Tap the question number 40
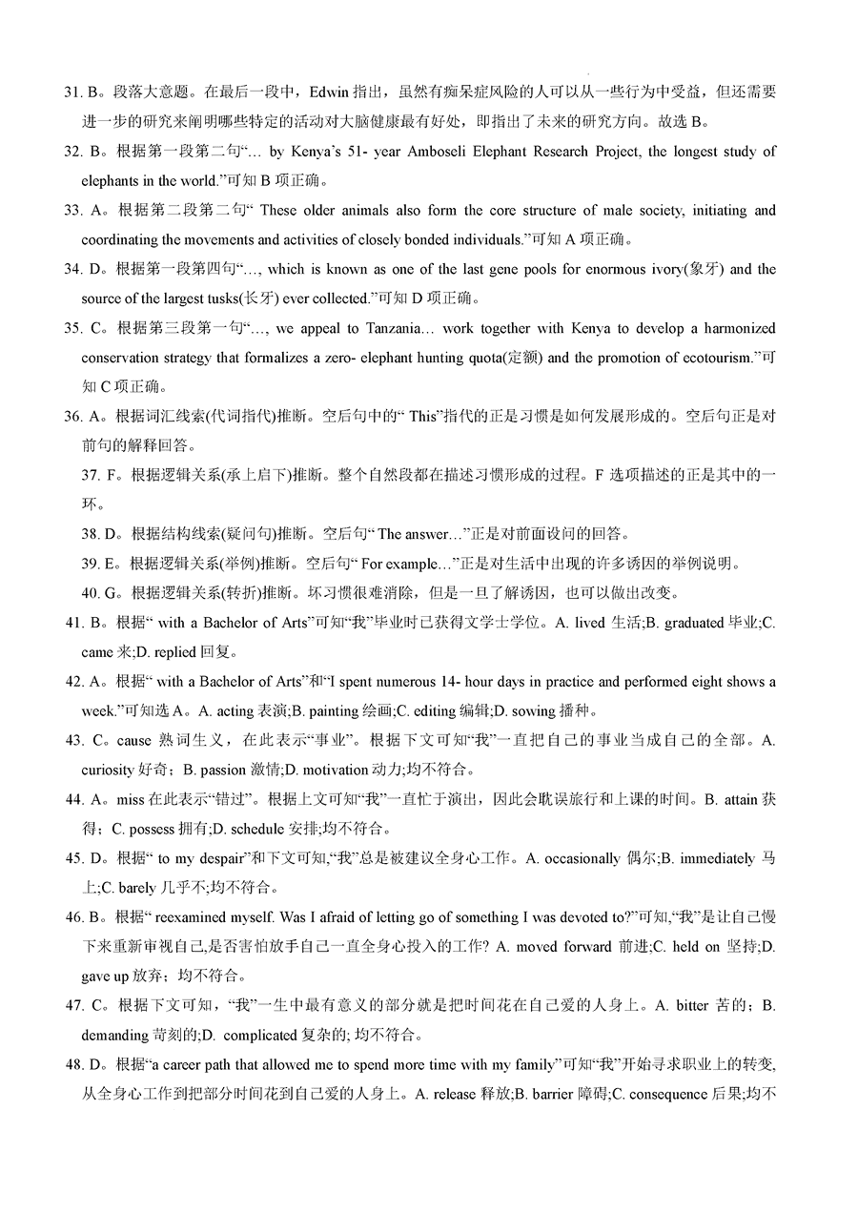(x=91, y=593)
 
